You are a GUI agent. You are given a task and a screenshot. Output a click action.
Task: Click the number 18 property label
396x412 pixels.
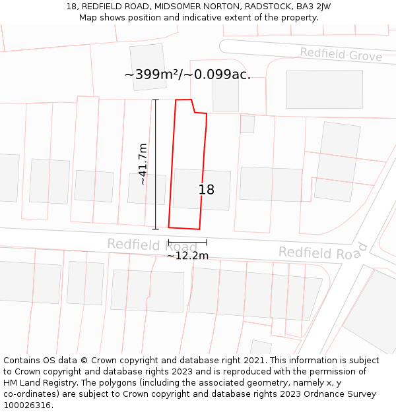[x=207, y=190]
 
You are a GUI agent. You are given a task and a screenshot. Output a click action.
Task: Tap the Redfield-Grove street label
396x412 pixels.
[x=341, y=55]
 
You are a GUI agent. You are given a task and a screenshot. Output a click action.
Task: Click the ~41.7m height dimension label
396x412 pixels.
[x=143, y=164]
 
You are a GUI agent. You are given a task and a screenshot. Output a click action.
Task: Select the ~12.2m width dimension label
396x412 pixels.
[x=187, y=256]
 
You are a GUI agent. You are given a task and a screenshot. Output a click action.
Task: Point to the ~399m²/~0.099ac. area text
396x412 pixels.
[x=187, y=74]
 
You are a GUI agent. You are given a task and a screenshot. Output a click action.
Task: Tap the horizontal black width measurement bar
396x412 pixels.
[x=187, y=242]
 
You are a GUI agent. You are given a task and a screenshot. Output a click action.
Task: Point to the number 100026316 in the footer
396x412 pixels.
[x=26, y=405]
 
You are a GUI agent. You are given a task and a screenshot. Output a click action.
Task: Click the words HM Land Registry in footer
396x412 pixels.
[x=37, y=383]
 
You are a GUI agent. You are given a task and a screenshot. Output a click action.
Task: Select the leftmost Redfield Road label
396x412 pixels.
[x=152, y=245]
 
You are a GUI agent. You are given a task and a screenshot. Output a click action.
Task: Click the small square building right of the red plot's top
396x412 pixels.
[x=247, y=124]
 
